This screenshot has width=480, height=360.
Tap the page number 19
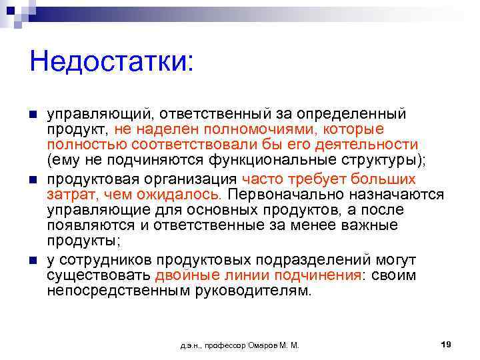click(x=447, y=344)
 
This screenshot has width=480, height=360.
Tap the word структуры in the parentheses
click(x=381, y=161)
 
